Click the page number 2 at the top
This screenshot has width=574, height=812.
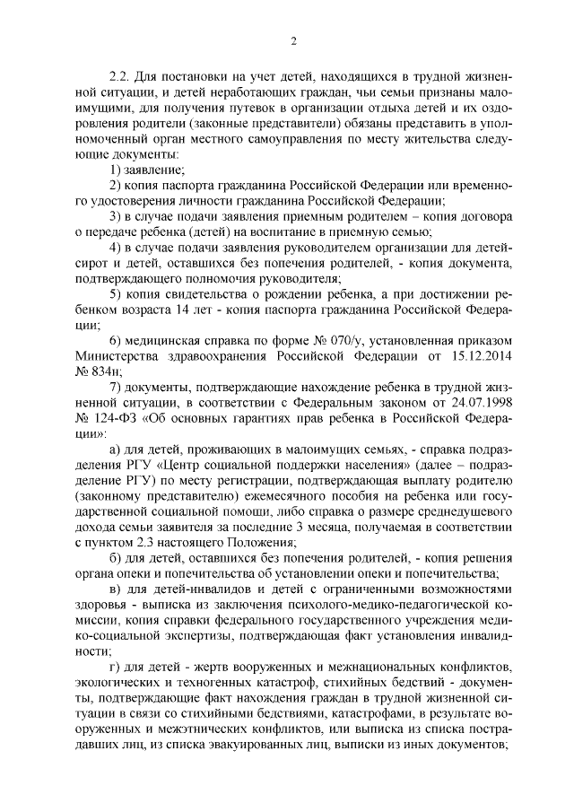point(293,39)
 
